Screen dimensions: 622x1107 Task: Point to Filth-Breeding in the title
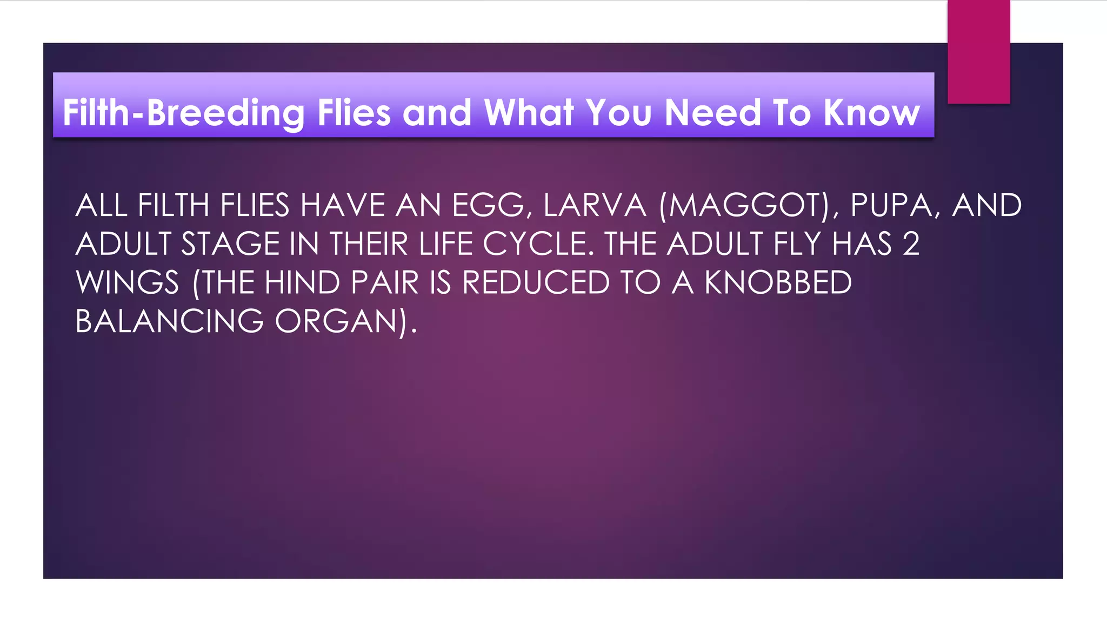tap(184, 113)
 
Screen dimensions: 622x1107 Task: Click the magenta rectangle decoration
tap(978, 51)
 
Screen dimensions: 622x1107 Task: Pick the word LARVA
tap(595, 206)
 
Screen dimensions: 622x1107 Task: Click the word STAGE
tap(230, 244)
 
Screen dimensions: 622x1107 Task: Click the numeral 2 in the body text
tap(911, 244)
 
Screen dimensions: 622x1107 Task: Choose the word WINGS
tap(128, 283)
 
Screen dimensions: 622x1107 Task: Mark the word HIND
tap(302, 283)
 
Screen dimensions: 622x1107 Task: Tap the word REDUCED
tap(536, 283)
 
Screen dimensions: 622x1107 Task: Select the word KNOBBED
tap(778, 283)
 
